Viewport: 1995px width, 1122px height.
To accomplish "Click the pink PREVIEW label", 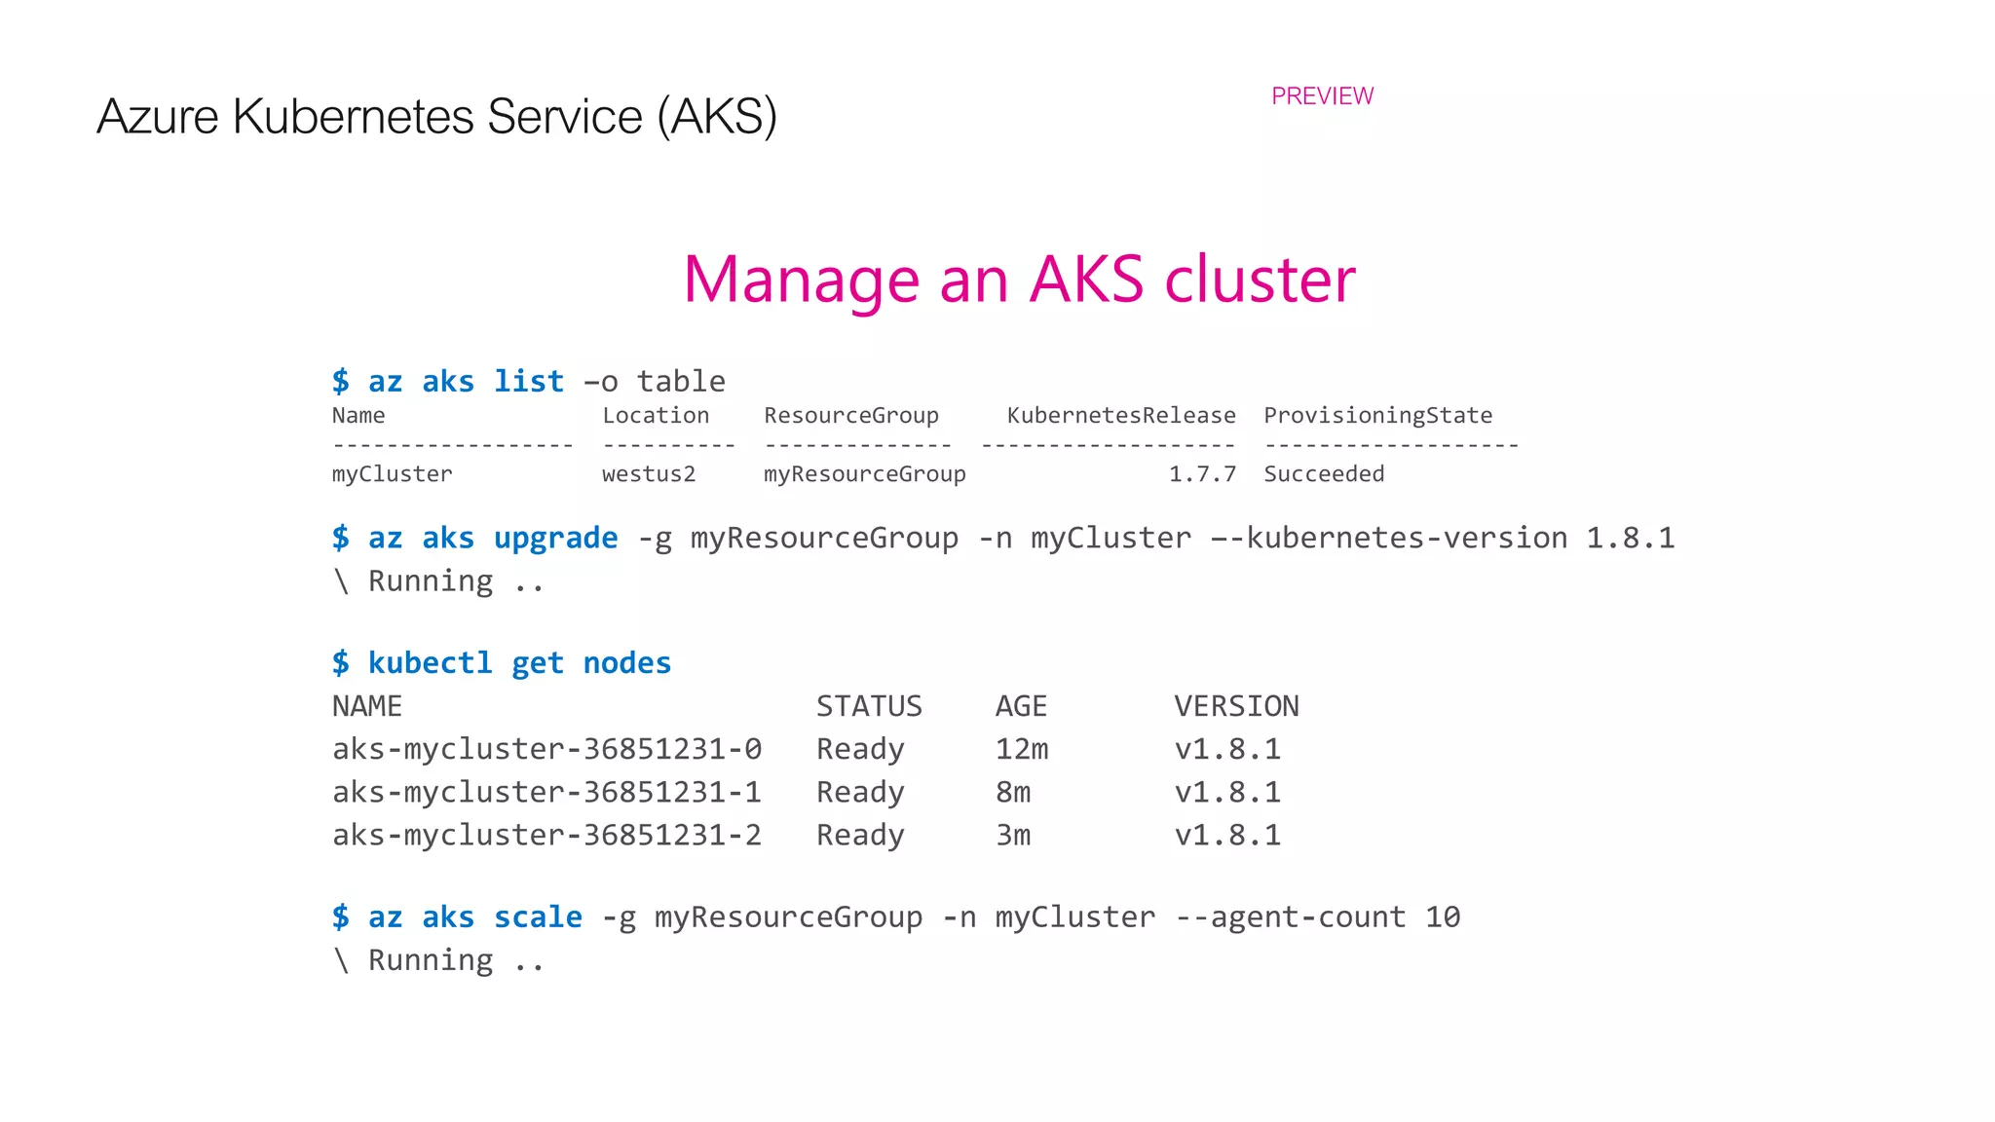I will pos(1322,96).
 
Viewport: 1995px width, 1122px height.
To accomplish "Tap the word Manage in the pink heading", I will pos(801,280).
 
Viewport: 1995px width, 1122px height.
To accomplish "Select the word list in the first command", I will pos(528,381).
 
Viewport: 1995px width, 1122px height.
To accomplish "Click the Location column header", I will pos(656,416).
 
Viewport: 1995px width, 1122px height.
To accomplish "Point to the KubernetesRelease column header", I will pos(1120,416).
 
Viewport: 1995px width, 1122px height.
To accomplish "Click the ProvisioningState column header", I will pos(1377,416).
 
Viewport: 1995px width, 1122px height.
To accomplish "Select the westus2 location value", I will pos(649,474).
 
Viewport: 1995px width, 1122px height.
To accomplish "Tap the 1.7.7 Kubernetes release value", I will pos(1202,474).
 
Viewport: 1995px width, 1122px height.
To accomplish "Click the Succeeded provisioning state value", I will pos(1324,474).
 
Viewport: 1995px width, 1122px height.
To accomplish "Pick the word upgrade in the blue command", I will pos(555,538).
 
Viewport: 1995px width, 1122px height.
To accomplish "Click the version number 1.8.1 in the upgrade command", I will pos(1630,538).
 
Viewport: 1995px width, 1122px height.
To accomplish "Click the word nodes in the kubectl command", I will pos(626,663).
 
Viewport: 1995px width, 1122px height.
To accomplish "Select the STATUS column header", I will pos(869,706).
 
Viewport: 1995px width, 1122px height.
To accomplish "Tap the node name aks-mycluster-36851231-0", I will pos(546,749).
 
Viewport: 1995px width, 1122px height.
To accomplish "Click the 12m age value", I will pos(1021,749).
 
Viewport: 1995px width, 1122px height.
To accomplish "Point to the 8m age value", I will pos(1012,792).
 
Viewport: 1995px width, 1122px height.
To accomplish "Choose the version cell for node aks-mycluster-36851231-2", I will pos(1227,835).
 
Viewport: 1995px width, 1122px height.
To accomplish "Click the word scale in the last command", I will pos(538,916).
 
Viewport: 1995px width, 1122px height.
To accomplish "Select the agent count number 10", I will pos(1443,916).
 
